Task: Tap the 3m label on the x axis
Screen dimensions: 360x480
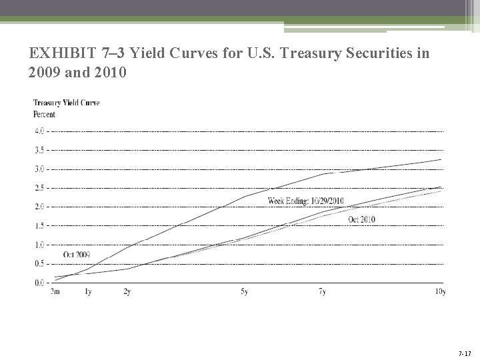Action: tap(57, 292)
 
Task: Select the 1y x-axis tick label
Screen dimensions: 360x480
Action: tap(89, 292)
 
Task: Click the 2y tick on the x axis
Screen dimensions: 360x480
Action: tap(126, 292)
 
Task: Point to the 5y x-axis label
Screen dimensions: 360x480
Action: tap(245, 292)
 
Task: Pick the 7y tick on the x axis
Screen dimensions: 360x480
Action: tap(323, 292)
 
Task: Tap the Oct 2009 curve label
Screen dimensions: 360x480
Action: tap(77, 255)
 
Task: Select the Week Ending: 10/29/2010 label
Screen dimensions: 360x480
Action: tap(306, 201)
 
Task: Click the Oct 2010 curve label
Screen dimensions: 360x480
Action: tap(362, 219)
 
